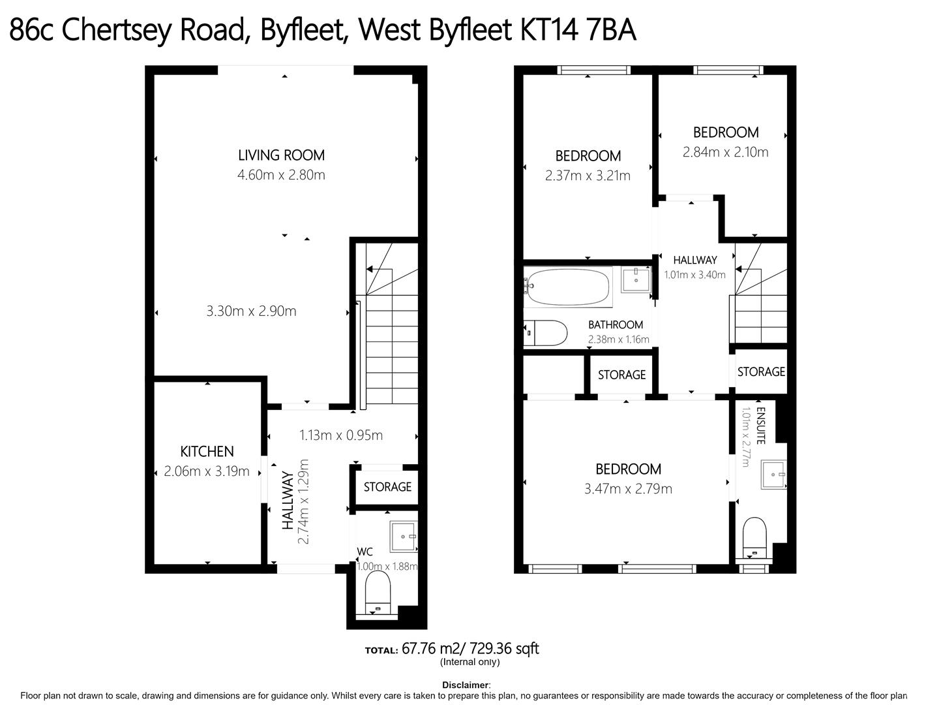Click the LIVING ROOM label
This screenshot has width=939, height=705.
tap(281, 155)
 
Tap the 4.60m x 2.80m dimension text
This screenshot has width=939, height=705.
tap(281, 175)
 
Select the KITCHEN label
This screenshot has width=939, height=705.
tap(207, 451)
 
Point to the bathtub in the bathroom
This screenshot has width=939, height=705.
tap(568, 287)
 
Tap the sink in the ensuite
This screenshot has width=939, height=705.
tap(773, 475)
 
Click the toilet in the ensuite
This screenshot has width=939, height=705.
tap(754, 538)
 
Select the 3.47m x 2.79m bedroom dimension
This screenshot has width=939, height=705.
tap(628, 488)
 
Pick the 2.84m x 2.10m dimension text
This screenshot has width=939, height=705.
tap(726, 152)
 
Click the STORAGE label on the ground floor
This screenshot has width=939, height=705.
tap(387, 487)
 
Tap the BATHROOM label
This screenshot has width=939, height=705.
tap(616, 324)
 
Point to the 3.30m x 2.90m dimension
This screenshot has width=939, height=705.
tap(251, 311)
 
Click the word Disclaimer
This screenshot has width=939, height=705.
tap(466, 685)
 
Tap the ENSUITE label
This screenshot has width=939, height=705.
tap(760, 426)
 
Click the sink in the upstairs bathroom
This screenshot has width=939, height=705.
tap(636, 280)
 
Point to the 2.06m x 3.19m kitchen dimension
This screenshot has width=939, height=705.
tap(207, 471)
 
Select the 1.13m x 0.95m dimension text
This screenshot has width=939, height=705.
tap(341, 435)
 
